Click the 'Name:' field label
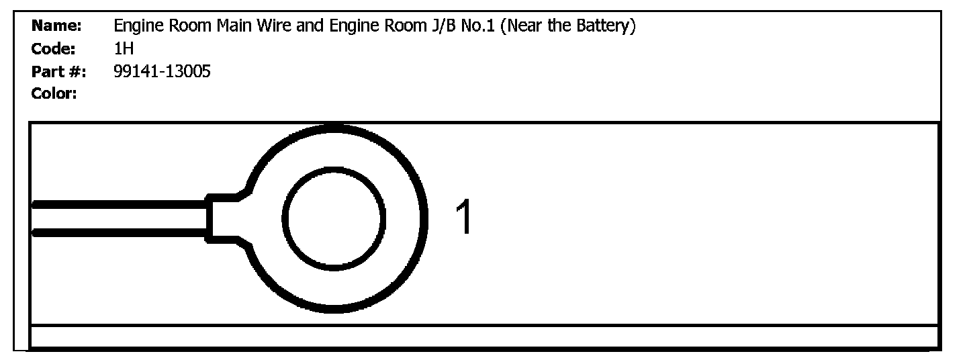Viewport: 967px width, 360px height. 56,26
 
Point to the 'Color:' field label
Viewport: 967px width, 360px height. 54,93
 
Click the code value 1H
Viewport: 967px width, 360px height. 124,48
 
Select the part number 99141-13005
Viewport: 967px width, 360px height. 162,71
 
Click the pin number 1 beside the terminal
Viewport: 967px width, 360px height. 464,218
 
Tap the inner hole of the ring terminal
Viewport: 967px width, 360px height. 334,218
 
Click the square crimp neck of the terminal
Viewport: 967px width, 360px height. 222,218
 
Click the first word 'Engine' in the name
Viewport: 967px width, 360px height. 136,26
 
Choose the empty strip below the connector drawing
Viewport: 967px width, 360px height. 483,336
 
